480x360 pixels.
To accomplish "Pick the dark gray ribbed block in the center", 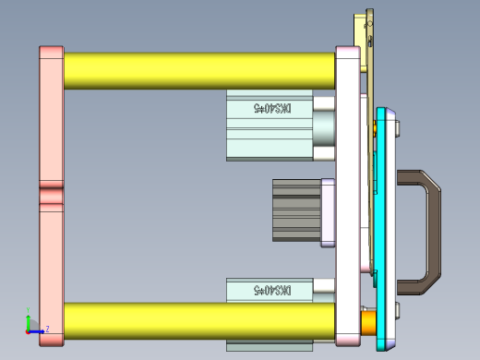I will [295, 209].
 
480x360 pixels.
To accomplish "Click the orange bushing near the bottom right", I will [367, 320].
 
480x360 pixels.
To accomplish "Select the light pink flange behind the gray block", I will [327, 212].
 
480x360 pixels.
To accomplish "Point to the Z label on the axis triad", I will [47, 329].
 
